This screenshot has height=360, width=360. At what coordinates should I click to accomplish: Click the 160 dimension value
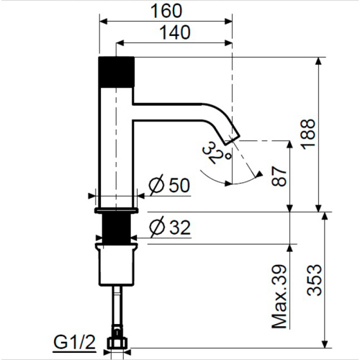coord(166,11)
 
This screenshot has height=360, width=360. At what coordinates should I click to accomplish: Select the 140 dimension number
coord(175,32)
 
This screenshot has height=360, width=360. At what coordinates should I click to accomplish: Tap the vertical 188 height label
coord(309,135)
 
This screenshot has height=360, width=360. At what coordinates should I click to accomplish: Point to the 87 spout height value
coord(279,176)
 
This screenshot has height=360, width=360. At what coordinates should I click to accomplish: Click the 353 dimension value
coord(314,280)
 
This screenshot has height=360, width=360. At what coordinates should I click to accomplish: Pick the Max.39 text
coord(279,297)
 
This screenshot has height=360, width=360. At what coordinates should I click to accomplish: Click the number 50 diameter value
coord(179,185)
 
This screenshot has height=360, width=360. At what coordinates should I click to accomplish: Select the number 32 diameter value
coord(180,228)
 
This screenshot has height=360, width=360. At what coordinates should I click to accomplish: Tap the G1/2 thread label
coord(74,343)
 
